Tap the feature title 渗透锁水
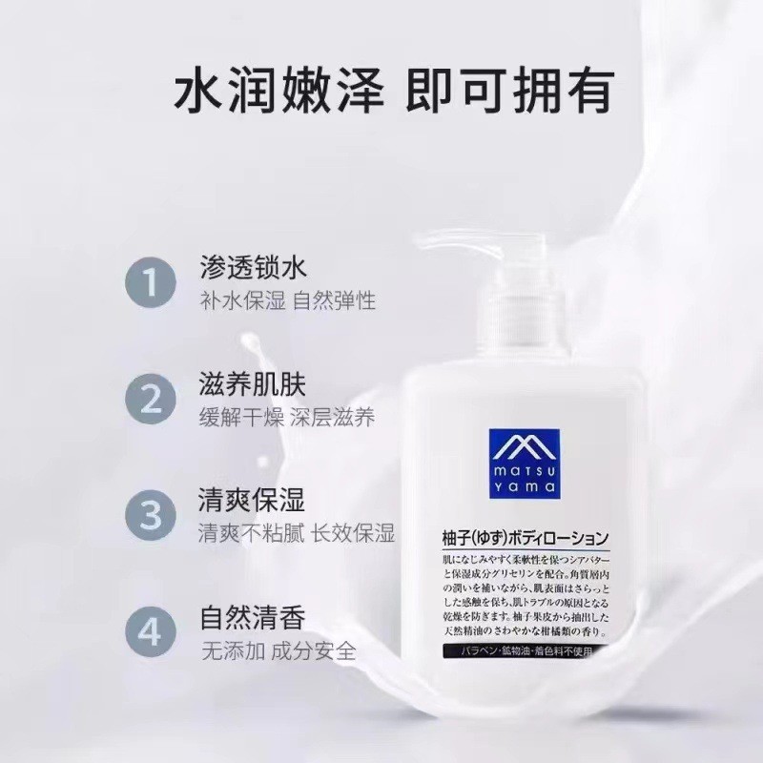click(x=253, y=264)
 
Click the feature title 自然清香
click(x=253, y=618)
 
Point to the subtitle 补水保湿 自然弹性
click(x=287, y=300)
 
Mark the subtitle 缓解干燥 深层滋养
click(x=287, y=418)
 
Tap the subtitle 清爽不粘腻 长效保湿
click(x=297, y=534)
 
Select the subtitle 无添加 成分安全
click(x=278, y=652)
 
